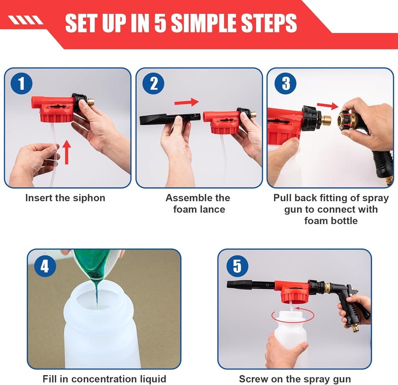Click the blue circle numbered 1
pos(21,83)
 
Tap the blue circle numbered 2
pos(153,83)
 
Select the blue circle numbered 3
pos(286,83)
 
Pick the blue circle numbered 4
pos(45,266)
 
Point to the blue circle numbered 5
pos(237,266)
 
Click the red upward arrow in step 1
pos(67,152)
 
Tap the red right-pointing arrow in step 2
pos(187,102)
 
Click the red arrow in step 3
pos(328,106)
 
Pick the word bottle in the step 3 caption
pos(343,221)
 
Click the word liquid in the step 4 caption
pos(153,379)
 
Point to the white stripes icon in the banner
pos(25,20)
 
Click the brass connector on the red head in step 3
pos(326,120)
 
